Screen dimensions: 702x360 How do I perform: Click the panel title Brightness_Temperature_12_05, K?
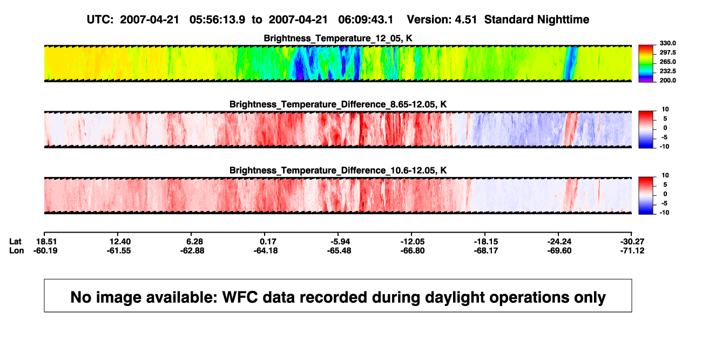coord(338,38)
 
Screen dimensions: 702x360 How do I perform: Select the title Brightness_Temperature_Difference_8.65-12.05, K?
coord(338,104)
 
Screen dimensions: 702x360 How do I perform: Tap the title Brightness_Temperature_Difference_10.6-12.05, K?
coord(338,171)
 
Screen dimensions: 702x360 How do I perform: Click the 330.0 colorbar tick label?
coord(667,43)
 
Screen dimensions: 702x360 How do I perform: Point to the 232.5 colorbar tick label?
coord(667,71)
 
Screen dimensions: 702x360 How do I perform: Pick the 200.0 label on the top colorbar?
coord(667,80)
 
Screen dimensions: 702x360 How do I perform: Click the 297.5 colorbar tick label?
coord(667,53)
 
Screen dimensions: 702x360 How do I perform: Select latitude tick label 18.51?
coord(46,242)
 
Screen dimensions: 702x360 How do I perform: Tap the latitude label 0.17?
coord(268,242)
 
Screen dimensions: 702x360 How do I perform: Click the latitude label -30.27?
coord(632,242)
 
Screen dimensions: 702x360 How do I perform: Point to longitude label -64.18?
coord(266,251)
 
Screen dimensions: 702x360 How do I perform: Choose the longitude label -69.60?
coord(559,251)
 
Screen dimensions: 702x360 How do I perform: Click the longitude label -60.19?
coord(45,251)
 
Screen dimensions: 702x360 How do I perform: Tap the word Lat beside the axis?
coord(15,242)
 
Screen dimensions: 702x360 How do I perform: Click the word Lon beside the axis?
coord(17,251)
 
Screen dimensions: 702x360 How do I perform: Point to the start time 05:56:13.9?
coord(217,20)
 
